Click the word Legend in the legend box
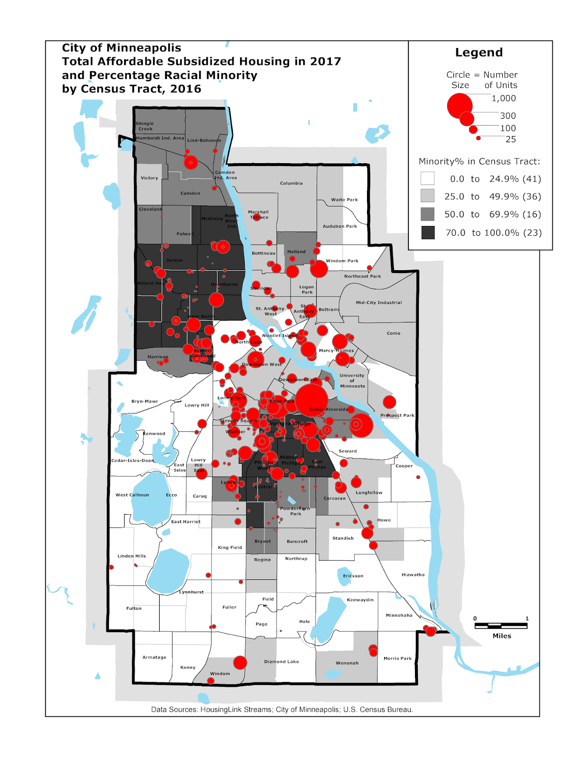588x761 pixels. coord(479,52)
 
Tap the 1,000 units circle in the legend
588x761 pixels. coord(460,106)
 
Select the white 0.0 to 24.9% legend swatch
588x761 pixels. coord(427,178)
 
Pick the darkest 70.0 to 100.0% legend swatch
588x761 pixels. coord(428,233)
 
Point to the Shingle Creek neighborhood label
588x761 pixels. coord(145,126)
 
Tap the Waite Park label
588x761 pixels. coord(344,200)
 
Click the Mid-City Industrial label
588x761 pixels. coord(378,302)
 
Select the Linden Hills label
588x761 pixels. coord(132,556)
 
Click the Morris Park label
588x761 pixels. coord(397,658)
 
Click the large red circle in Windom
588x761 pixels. coord(240,663)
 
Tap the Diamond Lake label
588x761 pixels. coord(281,662)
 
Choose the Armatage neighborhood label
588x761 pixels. coord(154,657)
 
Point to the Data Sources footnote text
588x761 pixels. coord(282,709)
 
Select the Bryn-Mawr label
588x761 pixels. coord(145,401)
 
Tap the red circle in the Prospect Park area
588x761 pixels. coord(389,402)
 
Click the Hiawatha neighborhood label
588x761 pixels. coord(413,575)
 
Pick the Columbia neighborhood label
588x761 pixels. coord(291,183)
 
